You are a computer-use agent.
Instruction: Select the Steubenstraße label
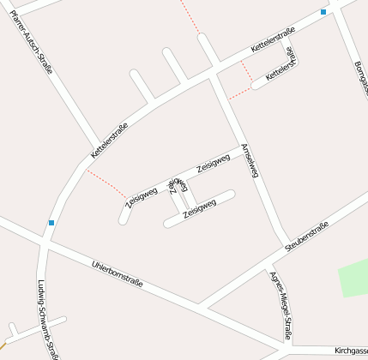tap(307, 237)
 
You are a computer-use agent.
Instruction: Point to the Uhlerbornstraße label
tap(118, 272)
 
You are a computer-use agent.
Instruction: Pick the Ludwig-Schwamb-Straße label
tap(48, 318)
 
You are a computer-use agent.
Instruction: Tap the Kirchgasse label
tap(351, 351)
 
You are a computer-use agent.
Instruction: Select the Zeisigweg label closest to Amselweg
tap(214, 162)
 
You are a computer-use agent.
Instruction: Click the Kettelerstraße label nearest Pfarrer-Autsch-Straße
tap(109, 141)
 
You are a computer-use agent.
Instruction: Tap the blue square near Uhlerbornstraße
tap(51, 223)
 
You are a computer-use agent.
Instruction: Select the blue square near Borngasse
tap(323, 12)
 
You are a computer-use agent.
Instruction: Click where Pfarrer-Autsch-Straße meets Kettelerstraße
tap(95, 147)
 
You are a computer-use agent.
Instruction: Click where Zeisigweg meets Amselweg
tap(239, 147)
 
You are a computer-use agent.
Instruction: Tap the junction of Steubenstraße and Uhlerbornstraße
tap(204, 305)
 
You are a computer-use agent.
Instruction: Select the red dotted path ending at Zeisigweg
tap(106, 183)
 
